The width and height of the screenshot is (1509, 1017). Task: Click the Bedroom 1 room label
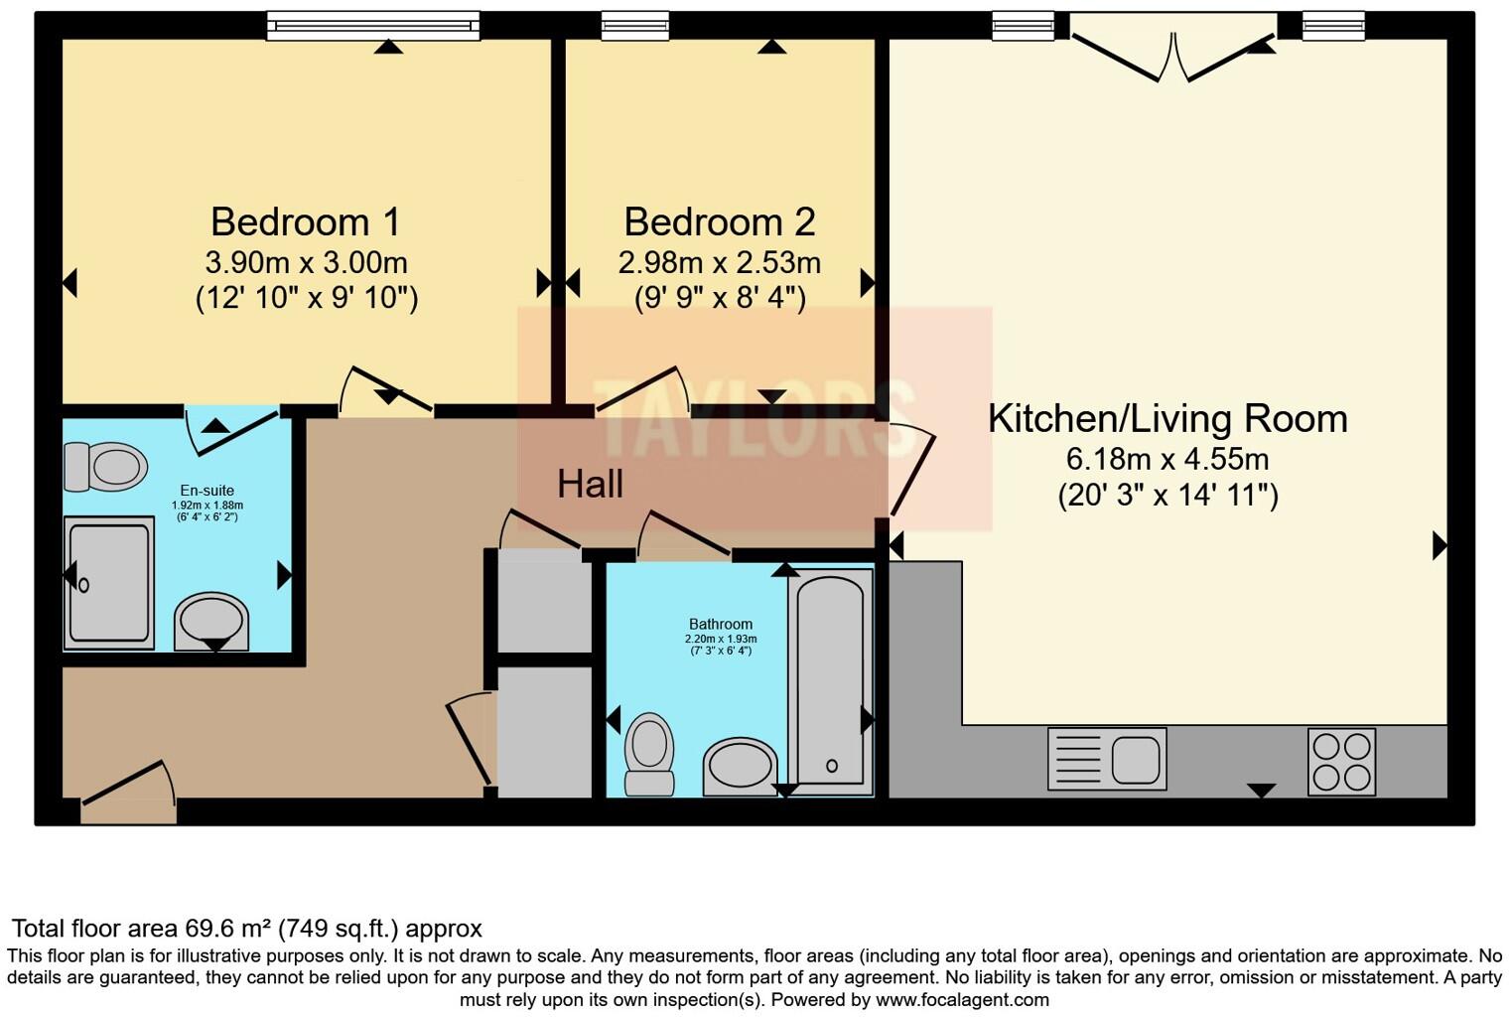point(306,222)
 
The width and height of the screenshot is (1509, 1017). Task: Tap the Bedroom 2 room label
point(720,222)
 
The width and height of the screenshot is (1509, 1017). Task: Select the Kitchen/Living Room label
point(1167,418)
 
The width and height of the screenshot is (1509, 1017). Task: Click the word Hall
point(590,484)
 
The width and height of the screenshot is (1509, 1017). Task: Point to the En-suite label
point(206,491)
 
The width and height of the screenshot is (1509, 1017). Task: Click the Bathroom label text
point(720,624)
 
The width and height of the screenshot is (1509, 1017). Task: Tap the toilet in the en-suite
point(106,467)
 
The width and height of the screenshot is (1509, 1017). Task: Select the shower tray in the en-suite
point(109,583)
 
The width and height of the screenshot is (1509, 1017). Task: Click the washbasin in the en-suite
point(211,622)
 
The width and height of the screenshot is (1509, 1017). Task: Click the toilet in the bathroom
point(649,754)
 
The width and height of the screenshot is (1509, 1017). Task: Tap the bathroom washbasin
point(740,767)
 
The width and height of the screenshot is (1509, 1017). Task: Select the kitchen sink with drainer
point(1107,758)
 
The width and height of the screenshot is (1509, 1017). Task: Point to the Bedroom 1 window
point(373,26)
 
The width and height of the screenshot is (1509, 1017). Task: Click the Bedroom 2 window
point(635,26)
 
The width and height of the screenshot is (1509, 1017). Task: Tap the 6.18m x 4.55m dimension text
point(1167,460)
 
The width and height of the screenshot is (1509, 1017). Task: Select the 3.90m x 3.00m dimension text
point(307,263)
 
